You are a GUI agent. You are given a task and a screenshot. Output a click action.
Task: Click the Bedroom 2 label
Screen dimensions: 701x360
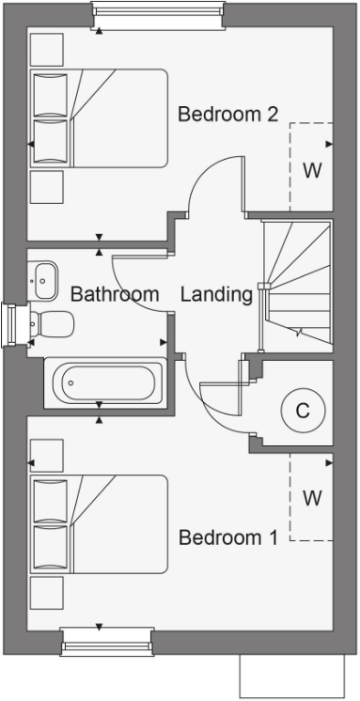(x=228, y=115)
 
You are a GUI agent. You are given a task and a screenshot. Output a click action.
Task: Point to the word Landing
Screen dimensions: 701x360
(x=216, y=294)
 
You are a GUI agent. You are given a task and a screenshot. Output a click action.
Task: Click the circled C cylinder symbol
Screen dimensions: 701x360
(x=302, y=411)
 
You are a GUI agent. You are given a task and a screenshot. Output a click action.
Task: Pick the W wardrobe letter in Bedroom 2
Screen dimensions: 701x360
(x=312, y=171)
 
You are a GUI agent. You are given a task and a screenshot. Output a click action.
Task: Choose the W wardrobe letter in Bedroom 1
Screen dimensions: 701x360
(x=312, y=497)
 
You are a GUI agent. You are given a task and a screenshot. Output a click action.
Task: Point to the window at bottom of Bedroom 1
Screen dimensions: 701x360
(x=107, y=641)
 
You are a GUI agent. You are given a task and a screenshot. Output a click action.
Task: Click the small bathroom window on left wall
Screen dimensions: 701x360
(x=12, y=324)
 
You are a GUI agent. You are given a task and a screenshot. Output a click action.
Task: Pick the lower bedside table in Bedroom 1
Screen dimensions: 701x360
(x=47, y=592)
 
